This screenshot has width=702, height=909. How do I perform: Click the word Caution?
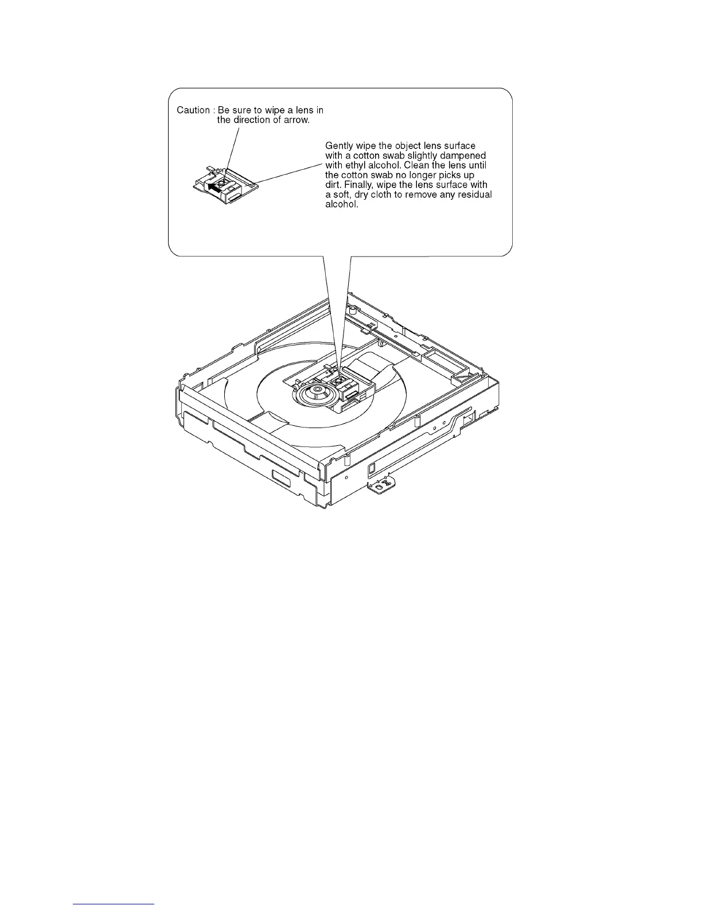coord(193,110)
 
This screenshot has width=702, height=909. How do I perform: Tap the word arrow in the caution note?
coord(298,120)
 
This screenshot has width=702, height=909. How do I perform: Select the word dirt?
coord(333,185)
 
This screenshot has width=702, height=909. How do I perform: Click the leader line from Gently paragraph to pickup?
coord(290,172)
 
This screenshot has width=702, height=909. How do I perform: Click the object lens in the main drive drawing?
coord(338,379)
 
